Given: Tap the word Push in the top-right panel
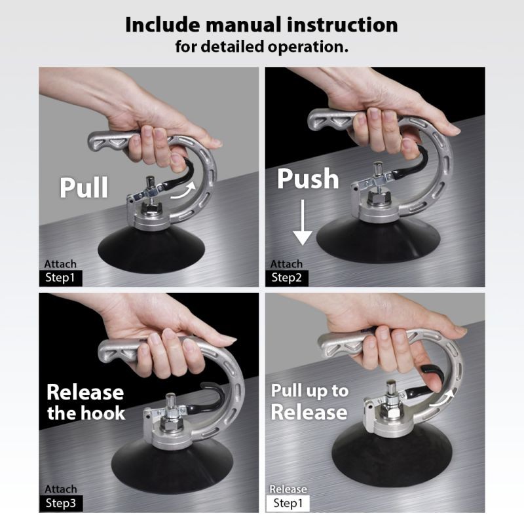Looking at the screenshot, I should pos(308,178).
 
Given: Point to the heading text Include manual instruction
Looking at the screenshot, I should pos(261,25).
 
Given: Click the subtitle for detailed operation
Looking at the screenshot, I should pos(261,47).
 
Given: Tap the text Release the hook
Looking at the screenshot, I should pos(85,402).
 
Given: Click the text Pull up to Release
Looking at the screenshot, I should pos(309,402).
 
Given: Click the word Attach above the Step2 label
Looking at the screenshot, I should pos(287,264).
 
